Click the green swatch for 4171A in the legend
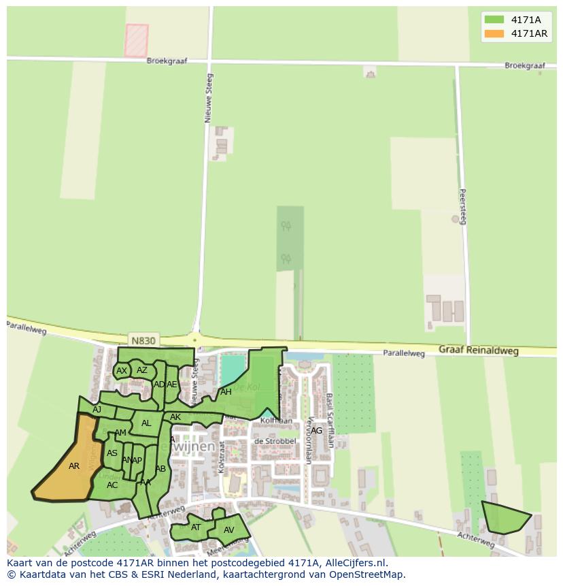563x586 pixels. pyautogui.click(x=494, y=20)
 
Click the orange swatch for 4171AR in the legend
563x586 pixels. pyautogui.click(x=494, y=33)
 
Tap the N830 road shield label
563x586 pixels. pyautogui.click(x=143, y=340)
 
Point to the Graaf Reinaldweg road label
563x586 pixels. pyautogui.click(x=478, y=351)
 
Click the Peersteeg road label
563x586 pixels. pyautogui.click(x=463, y=206)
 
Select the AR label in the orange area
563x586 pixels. pyautogui.click(x=74, y=466)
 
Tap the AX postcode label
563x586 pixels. pyautogui.click(x=122, y=371)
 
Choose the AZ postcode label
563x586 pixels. pyautogui.click(x=142, y=370)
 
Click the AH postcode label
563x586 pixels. pyautogui.click(x=226, y=392)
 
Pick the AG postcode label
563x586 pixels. pyautogui.click(x=316, y=430)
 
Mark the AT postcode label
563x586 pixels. pyautogui.click(x=196, y=527)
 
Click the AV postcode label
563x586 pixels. pyautogui.click(x=229, y=530)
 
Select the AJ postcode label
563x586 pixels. pyautogui.click(x=97, y=409)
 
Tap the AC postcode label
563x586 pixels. pyautogui.click(x=112, y=485)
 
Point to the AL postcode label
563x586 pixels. pyautogui.click(x=146, y=423)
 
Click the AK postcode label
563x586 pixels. pyautogui.click(x=175, y=417)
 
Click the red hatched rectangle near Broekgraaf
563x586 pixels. pyautogui.click(x=136, y=40)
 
